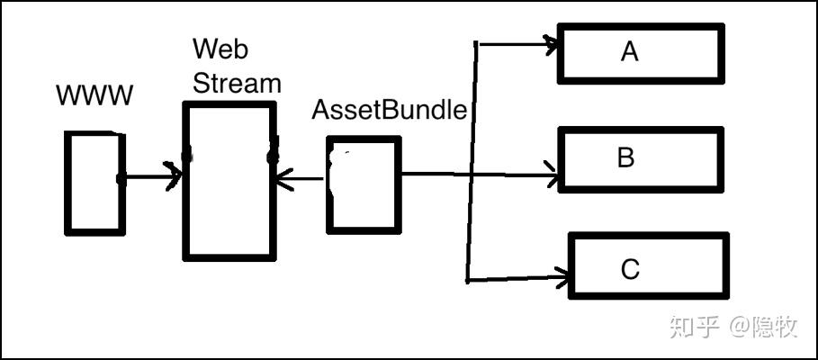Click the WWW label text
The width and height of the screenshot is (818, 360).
pos(94,95)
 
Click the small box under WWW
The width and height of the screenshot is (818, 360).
pos(94,183)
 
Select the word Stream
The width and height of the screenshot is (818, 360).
pos(238,83)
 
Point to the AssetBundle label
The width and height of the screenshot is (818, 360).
pos(389,111)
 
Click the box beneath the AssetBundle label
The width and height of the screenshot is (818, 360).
pos(363,184)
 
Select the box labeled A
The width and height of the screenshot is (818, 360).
pos(640,52)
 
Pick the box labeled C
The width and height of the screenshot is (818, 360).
pos(648,266)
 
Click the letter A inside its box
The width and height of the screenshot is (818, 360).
pos(629,52)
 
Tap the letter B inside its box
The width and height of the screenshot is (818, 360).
pos(626,158)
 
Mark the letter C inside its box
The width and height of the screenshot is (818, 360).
pos(629,268)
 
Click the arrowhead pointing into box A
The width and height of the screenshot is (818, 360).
pos(550,43)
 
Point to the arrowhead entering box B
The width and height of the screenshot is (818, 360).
pos(551,175)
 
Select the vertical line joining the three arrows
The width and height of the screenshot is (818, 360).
pos(472,162)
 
